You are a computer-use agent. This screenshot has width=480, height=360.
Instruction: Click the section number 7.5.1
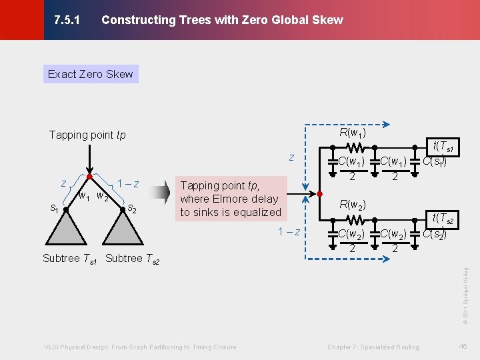point(67,20)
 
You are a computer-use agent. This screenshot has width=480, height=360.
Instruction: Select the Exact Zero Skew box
point(91,74)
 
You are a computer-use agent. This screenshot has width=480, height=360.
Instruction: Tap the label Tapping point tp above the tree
point(87,135)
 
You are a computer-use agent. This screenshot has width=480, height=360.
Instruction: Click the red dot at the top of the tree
point(89,177)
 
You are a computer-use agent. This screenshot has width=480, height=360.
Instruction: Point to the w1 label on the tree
point(84,196)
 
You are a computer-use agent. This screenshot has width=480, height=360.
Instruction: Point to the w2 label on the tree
point(102,196)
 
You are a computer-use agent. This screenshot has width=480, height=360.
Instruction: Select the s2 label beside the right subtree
point(133,209)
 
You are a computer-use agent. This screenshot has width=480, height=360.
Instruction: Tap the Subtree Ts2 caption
point(133,259)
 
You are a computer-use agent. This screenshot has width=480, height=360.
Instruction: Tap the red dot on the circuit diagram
point(319,193)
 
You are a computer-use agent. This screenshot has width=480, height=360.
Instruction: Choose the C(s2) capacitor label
point(434,233)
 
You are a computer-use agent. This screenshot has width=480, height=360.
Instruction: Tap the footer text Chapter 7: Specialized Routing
point(373,347)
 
